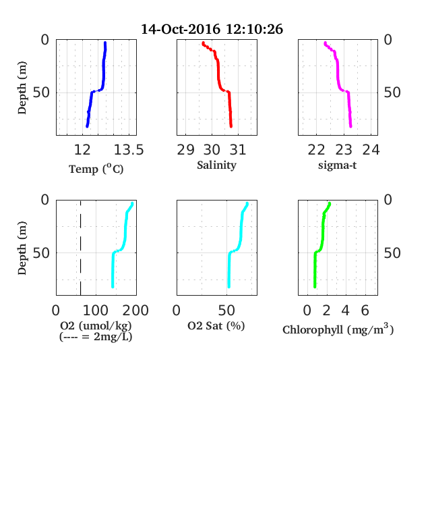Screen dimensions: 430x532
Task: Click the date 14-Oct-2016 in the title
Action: coord(181,29)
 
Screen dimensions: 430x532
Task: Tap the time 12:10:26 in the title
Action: coord(254,29)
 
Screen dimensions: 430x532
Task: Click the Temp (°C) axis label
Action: coord(96,169)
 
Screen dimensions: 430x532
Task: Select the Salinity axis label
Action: coord(217,165)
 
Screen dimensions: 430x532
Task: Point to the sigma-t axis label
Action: coord(337,165)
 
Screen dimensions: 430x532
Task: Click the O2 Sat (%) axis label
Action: coord(216,326)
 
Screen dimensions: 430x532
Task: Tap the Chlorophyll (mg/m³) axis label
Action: coord(338,329)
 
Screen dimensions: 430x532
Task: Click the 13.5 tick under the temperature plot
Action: coord(129,150)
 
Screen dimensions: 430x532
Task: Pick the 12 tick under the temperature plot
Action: coord(82,150)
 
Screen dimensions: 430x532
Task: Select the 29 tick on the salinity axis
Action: coord(185,150)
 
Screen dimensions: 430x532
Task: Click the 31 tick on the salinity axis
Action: coord(238,150)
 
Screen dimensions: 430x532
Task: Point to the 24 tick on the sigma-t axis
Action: coord(371,150)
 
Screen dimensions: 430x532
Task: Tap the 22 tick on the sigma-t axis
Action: coord(316,150)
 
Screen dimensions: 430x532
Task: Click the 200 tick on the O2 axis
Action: coord(135,311)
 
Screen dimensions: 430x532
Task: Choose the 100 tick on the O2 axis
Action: coord(96,311)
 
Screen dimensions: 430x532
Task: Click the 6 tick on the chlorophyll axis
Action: coord(365,311)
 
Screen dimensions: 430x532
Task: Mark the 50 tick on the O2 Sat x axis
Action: coord(226,311)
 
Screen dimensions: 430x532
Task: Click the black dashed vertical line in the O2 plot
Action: coord(81,248)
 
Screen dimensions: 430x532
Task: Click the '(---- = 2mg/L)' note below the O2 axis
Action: coord(96,337)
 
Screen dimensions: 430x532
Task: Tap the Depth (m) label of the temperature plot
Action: coord(22,88)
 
